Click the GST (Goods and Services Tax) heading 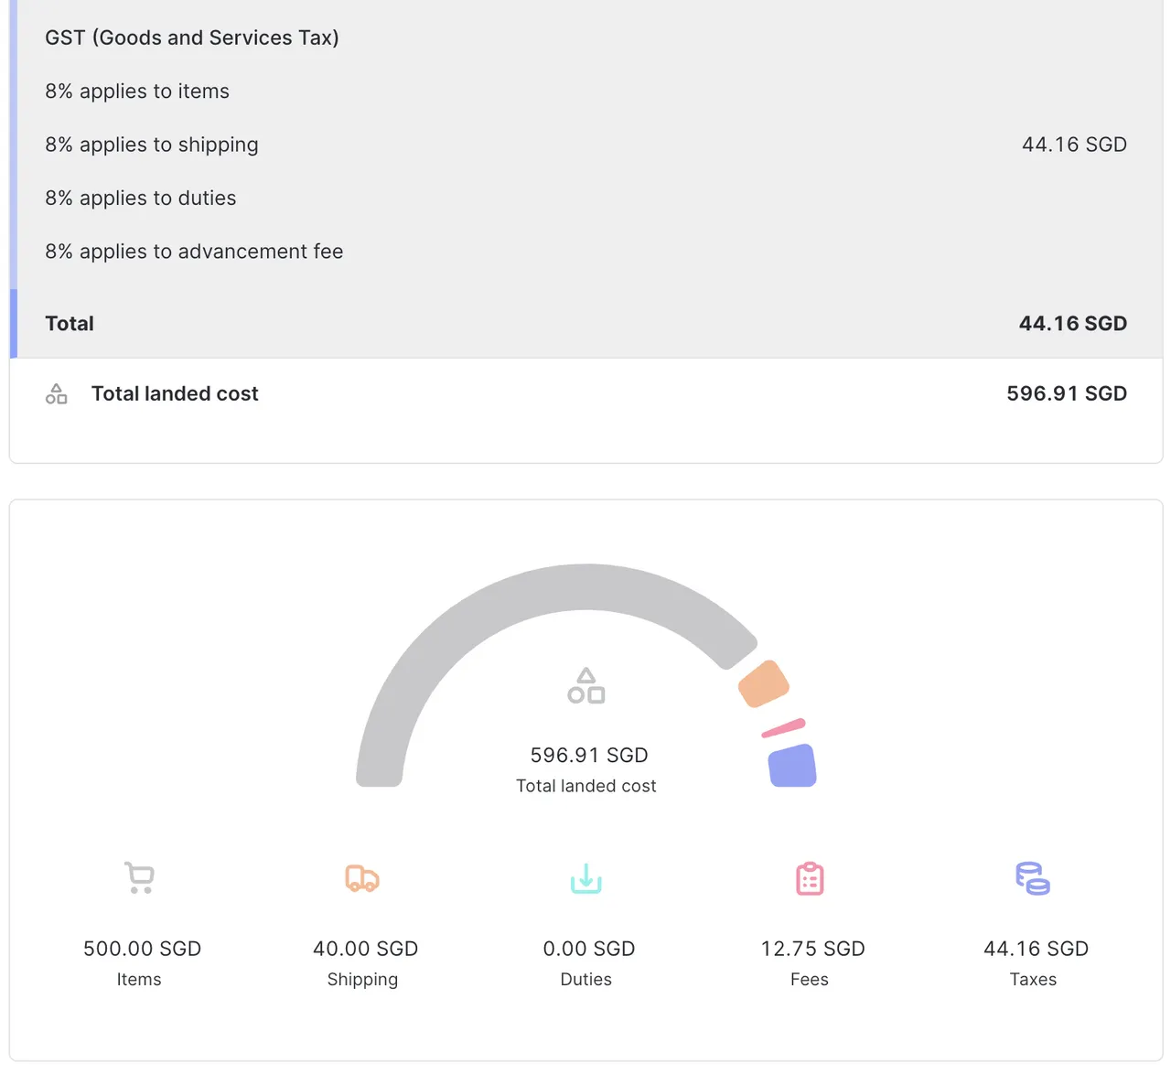point(192,38)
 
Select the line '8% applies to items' point(137,91)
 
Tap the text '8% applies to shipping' point(152,145)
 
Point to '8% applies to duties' point(141,199)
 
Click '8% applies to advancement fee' point(194,252)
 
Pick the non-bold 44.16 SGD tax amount point(1074,145)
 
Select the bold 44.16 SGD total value point(1072,324)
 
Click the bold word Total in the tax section point(70,324)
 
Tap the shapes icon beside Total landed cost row point(57,394)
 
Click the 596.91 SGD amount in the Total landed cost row point(1066,394)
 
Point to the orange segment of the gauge point(764,684)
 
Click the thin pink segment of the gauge point(783,728)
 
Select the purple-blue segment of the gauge point(792,766)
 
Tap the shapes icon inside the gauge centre point(586,686)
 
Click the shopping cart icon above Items point(140,878)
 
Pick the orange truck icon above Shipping point(362,878)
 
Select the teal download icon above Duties point(586,878)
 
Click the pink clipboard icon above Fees point(810,878)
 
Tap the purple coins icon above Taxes point(1033,878)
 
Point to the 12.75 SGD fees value point(812,949)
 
